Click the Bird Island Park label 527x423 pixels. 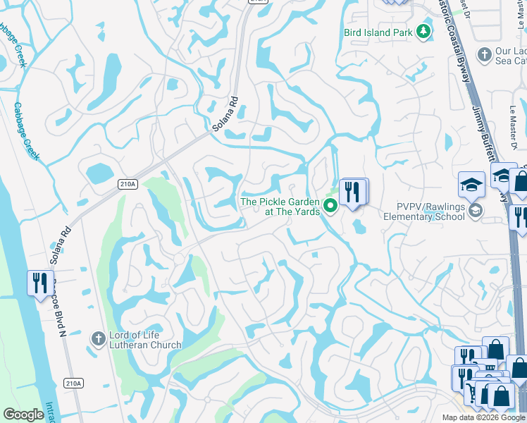click(x=378, y=32)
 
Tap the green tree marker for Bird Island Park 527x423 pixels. click(x=423, y=32)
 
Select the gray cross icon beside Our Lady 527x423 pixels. click(x=484, y=54)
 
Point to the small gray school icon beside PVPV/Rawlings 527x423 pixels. click(x=476, y=210)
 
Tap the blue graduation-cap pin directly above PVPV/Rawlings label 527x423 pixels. click(x=471, y=186)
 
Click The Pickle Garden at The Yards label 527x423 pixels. click(x=280, y=207)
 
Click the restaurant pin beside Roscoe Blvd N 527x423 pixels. click(x=39, y=283)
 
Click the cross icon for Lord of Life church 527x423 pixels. click(x=99, y=339)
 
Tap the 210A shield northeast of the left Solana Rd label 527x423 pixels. click(x=128, y=184)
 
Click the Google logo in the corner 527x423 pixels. click(x=23, y=415)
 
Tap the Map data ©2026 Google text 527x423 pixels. click(x=483, y=417)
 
